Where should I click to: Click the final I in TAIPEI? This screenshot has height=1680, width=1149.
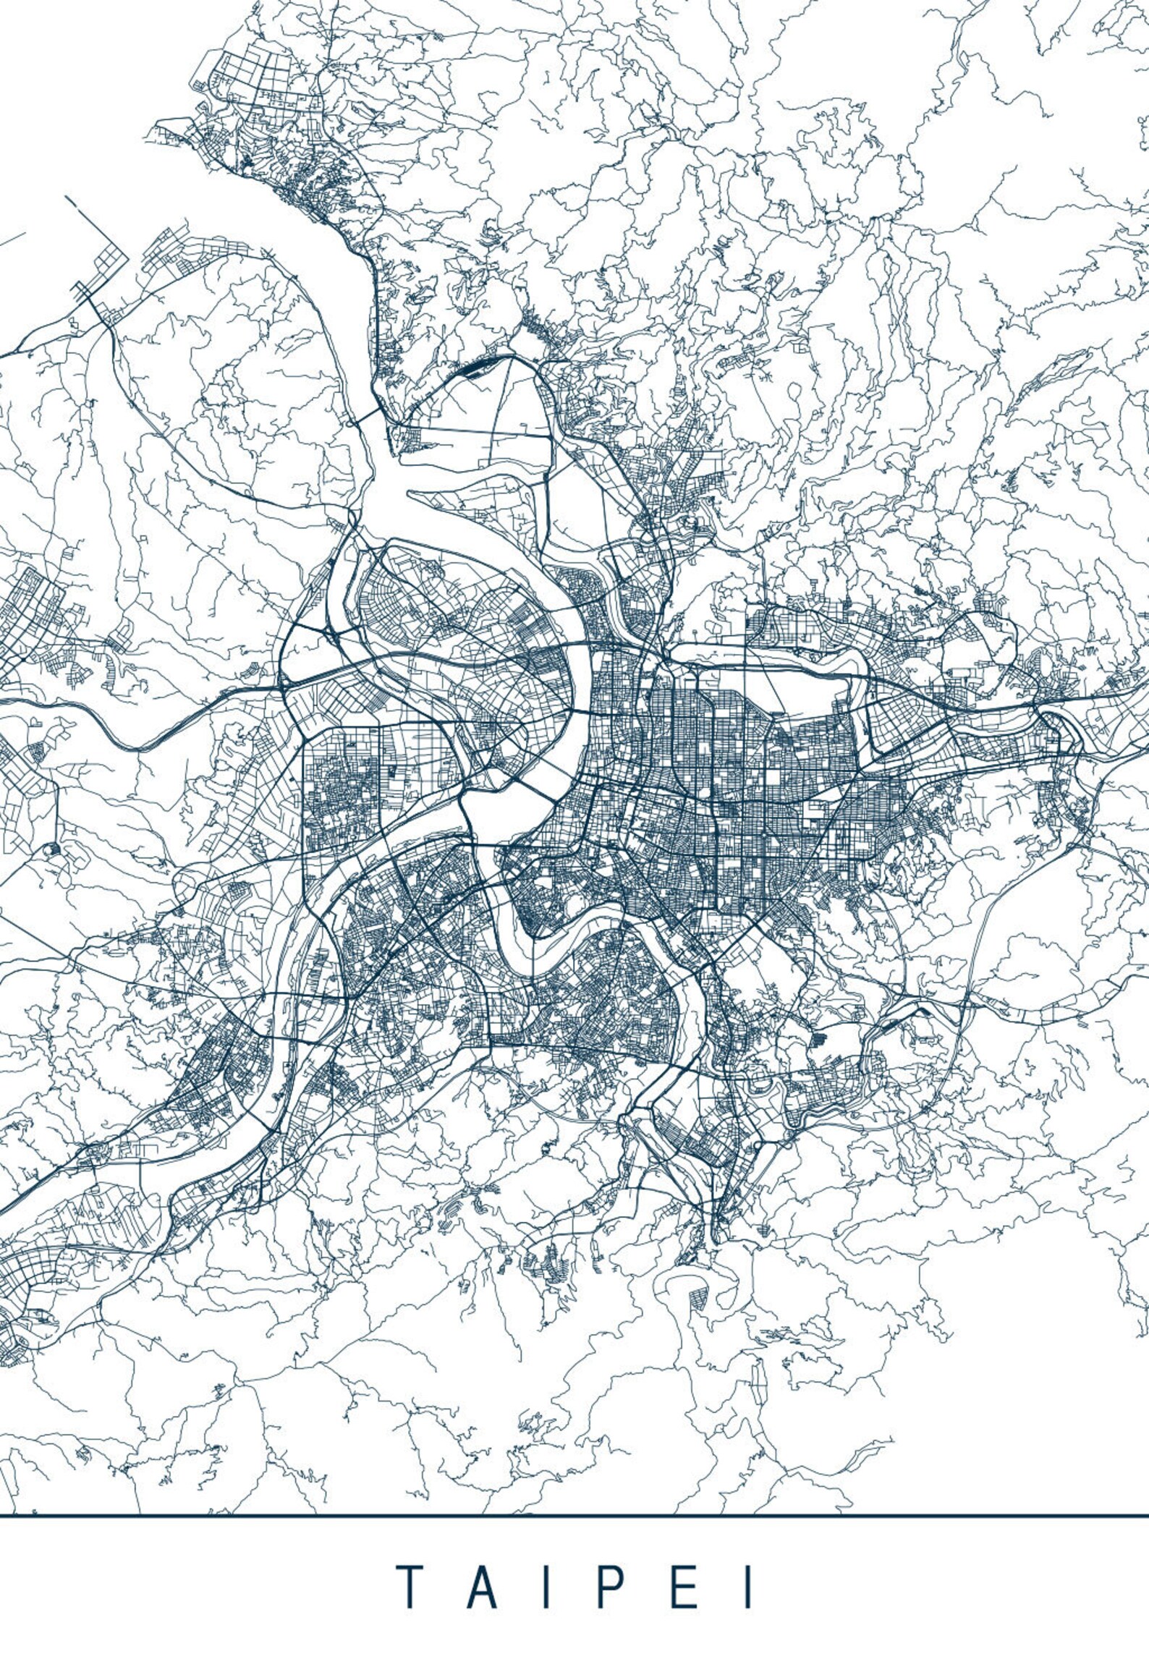click(x=749, y=1563)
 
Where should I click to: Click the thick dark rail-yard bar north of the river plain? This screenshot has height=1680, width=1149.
click(x=474, y=368)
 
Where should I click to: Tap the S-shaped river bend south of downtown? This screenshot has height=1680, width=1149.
click(x=572, y=933)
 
